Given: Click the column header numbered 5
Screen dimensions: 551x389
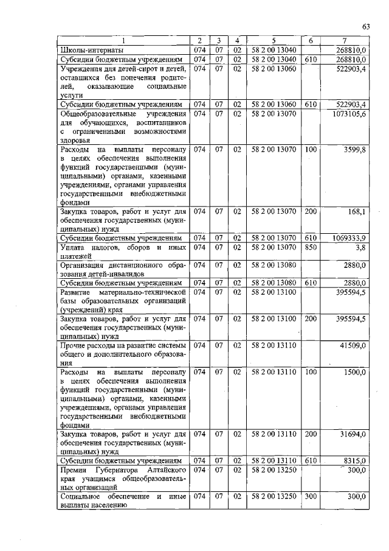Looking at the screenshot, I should pos(274,41).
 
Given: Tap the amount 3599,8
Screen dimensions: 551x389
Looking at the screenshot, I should pos(356,149).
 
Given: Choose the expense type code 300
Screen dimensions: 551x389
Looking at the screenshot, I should pos(311,497).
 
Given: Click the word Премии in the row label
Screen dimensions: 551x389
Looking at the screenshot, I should pos(76,471).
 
